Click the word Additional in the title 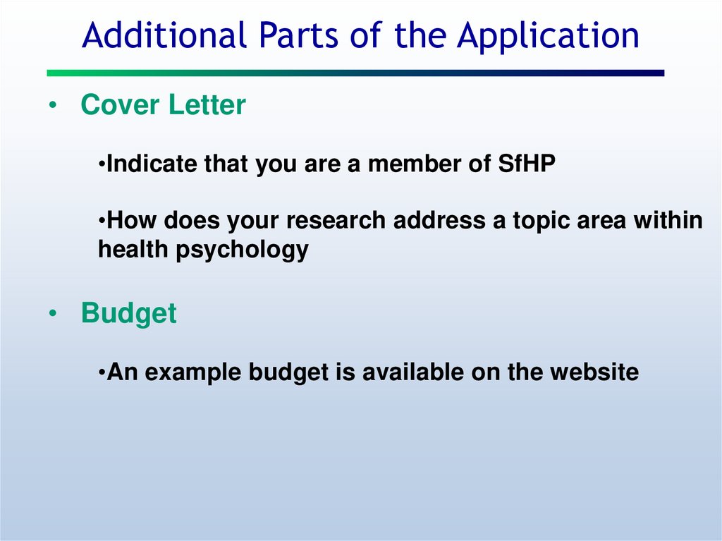click(164, 35)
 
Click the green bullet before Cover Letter click(53, 105)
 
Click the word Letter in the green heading click(207, 104)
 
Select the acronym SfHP click(527, 164)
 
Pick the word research click(336, 220)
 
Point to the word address click(439, 220)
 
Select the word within click(668, 220)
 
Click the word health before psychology click(133, 249)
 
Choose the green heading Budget click(128, 314)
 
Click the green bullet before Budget click(53, 313)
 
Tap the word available click(412, 372)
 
